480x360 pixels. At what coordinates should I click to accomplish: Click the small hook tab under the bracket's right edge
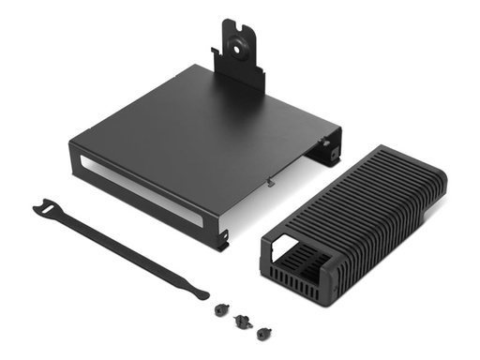click(x=270, y=180)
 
